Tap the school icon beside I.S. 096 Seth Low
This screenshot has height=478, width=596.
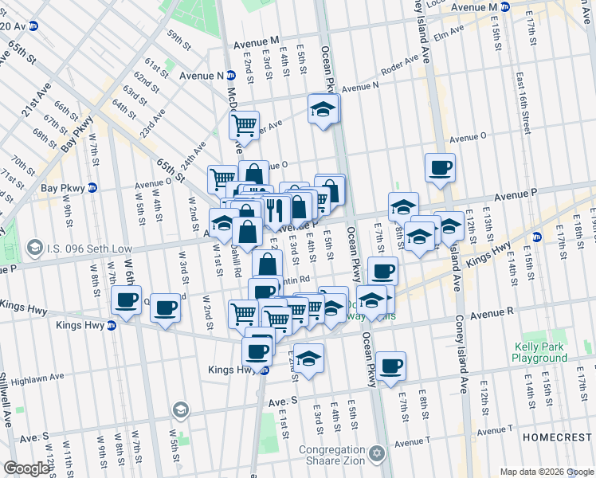pyautogui.click(x=34, y=249)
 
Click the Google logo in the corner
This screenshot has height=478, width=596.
pyautogui.click(x=26, y=468)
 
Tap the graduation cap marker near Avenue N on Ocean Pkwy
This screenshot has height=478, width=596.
pyautogui.click(x=323, y=109)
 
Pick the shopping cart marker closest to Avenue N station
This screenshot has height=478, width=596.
pyautogui.click(x=244, y=124)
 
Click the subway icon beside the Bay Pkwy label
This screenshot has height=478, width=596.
pyautogui.click(x=92, y=189)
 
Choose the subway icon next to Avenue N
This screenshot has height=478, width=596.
pyautogui.click(x=230, y=76)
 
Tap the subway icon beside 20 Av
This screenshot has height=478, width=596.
pyautogui.click(x=34, y=25)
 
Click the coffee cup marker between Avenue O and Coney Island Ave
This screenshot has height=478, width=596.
pyautogui.click(x=440, y=168)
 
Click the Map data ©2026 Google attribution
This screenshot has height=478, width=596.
pyautogui.click(x=546, y=472)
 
